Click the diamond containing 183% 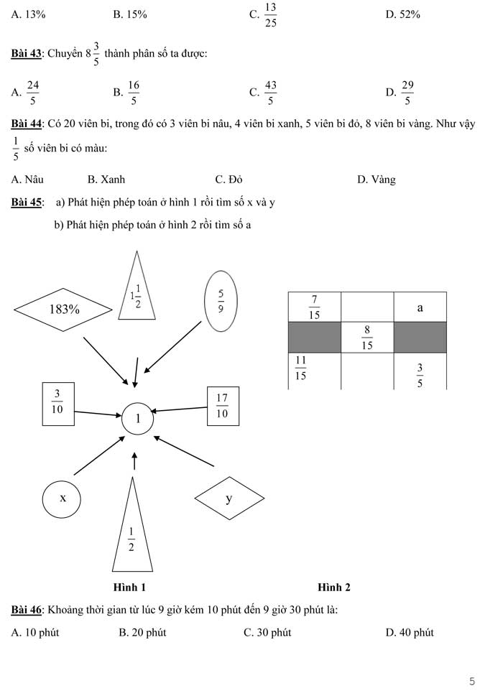pos(64,310)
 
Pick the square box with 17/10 pos(221,406)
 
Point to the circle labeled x pos(63,498)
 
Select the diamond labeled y pos(229,498)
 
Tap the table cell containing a pos(420,307)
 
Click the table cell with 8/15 pos(367,337)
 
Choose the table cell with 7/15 pos(314,307)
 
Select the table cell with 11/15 pos(314,369)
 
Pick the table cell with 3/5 pos(420,372)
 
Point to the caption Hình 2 pos(334,587)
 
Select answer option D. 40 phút pos(410,633)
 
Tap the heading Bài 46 pos(27,610)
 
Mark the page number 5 pos(471,680)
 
